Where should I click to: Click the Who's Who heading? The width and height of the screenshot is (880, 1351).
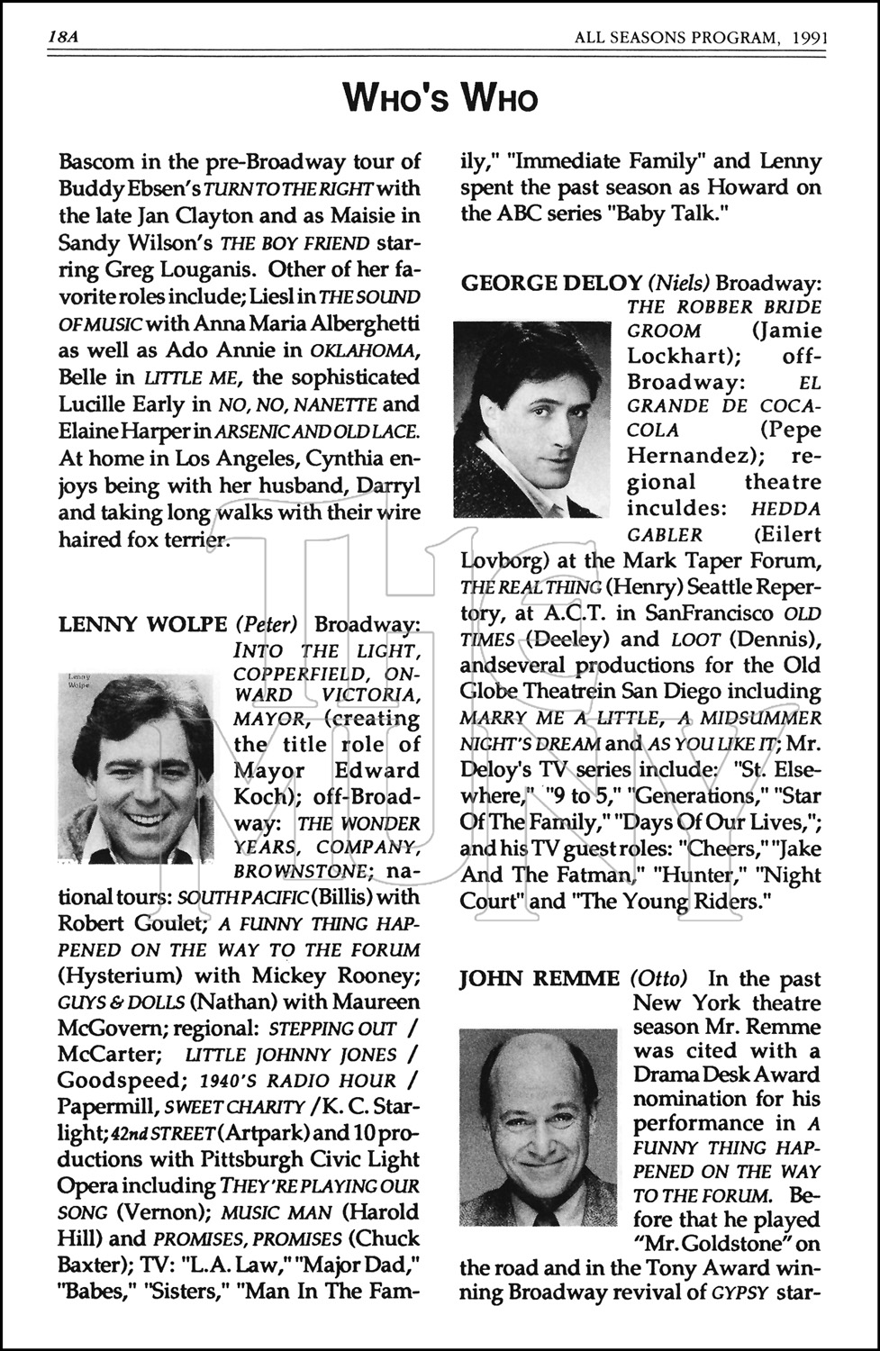click(x=440, y=99)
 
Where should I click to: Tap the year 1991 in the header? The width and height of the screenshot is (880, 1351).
click(x=810, y=38)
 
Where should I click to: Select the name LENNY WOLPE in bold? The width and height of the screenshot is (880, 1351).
click(x=142, y=624)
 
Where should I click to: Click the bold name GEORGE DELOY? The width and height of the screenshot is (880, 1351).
click(x=550, y=283)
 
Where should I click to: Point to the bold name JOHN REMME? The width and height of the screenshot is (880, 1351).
click(x=540, y=979)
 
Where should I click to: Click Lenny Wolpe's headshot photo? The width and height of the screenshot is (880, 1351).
click(x=136, y=768)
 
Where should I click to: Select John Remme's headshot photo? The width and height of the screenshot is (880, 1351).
click(x=538, y=1129)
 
